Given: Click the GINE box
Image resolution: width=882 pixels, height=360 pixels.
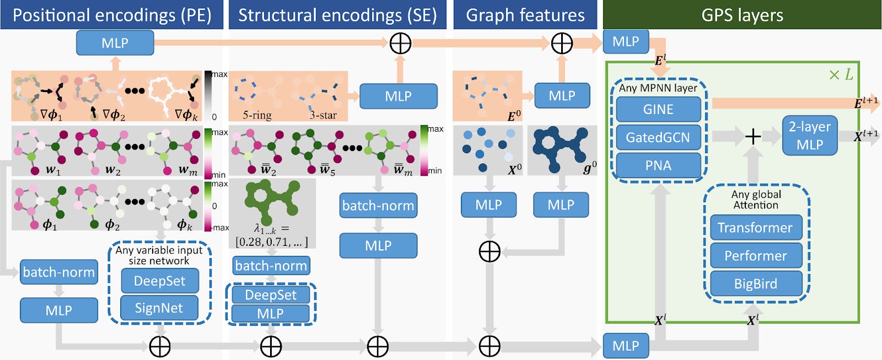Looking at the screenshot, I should (658, 109).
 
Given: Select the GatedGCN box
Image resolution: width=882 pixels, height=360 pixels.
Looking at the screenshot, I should (658, 137).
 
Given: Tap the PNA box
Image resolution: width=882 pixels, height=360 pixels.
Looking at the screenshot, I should (658, 165).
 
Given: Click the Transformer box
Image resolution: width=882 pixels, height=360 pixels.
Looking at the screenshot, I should (755, 228).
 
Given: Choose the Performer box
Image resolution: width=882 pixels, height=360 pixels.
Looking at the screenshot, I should (755, 256).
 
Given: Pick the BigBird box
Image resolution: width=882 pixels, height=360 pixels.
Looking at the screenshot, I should (755, 284).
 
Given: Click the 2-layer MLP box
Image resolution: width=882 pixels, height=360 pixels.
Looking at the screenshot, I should (809, 136).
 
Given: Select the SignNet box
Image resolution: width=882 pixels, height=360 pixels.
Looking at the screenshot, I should (159, 308).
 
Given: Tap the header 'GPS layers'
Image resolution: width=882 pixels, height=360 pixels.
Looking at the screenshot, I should (742, 15).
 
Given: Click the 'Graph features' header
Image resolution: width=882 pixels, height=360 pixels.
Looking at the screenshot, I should (525, 15).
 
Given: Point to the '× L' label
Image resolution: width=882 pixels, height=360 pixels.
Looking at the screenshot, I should (841, 75).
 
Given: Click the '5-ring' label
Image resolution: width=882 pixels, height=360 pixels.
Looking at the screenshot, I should (257, 115).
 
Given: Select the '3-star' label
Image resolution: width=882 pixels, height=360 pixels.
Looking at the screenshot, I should (323, 115).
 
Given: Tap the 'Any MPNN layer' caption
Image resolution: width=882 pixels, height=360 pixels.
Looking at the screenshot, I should (658, 88).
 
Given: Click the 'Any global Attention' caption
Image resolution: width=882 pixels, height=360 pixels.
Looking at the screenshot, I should (756, 200).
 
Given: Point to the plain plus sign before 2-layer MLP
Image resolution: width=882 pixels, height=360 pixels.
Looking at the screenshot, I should (753, 136).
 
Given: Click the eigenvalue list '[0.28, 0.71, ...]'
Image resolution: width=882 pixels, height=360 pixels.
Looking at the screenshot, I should (271, 242).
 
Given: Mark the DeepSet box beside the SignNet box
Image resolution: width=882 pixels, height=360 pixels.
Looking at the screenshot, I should (159, 281).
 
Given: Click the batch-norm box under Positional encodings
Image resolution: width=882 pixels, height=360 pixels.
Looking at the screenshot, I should (59, 272).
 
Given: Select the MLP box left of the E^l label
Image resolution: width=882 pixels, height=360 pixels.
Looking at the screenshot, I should (626, 42).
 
